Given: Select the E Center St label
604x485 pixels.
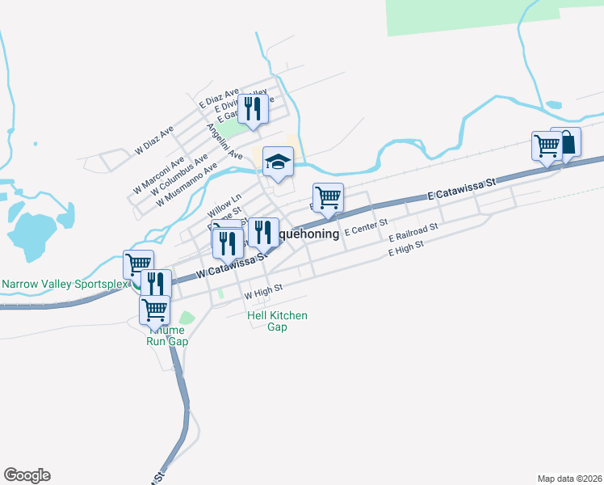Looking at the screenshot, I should tap(366, 226).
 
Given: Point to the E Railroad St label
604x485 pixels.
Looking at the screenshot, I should tap(413, 233).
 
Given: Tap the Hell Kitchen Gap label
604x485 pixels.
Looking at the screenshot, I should tap(277, 321).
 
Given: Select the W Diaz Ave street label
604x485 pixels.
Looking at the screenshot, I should tap(154, 141).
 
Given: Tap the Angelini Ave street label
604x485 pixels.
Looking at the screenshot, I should tap(224, 141).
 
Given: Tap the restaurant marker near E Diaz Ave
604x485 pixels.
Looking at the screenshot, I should tap(253, 108).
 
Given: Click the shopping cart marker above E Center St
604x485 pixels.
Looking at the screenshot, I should tap(328, 196).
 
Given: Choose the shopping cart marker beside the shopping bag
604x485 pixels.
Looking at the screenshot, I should tap(547, 145).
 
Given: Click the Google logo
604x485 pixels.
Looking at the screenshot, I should tap(27, 475).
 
